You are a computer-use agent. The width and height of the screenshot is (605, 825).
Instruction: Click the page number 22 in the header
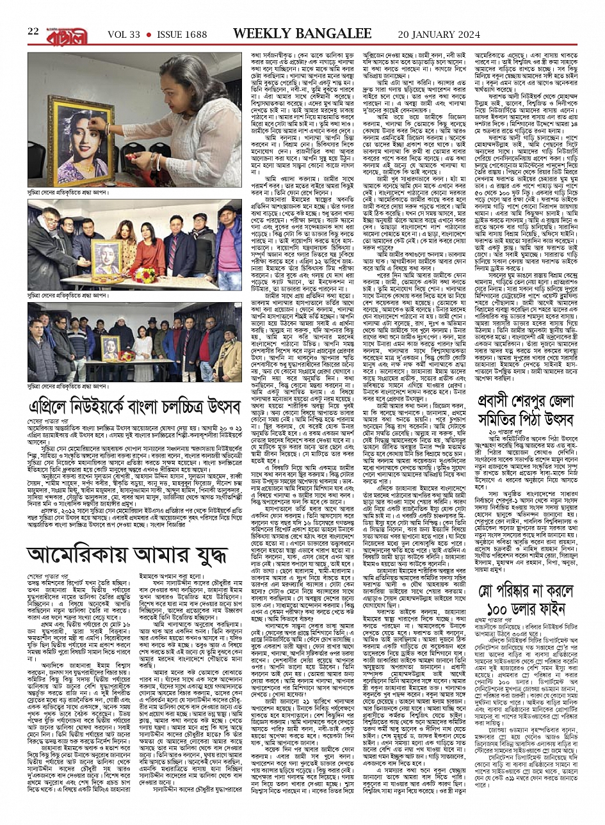(33, 31)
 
